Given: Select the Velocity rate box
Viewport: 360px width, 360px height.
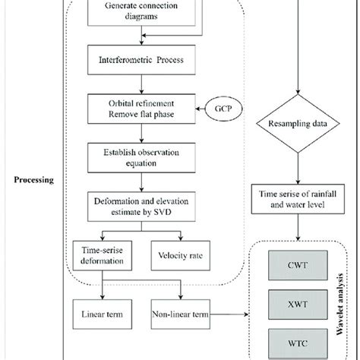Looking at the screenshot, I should (182, 255).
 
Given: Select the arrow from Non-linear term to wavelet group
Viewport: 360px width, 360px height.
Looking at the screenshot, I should (235, 311).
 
